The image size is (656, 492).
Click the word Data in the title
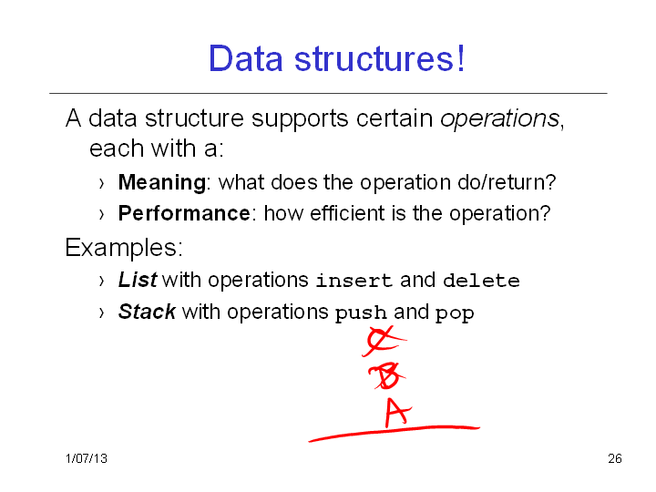(x=246, y=58)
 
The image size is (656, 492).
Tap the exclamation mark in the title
(x=461, y=57)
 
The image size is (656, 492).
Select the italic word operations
(x=499, y=118)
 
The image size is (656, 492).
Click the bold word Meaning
(x=162, y=183)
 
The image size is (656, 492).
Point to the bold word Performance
(x=184, y=213)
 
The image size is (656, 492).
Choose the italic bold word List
(x=138, y=280)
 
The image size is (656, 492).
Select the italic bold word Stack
(x=147, y=312)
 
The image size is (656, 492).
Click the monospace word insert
(x=354, y=281)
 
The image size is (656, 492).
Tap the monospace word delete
(x=481, y=281)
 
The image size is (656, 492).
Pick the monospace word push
(x=361, y=313)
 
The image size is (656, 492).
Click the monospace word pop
(x=455, y=313)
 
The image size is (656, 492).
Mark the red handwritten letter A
(x=397, y=413)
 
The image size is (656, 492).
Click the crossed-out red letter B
(x=387, y=375)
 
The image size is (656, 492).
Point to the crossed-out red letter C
(x=383, y=341)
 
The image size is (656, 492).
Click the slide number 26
(x=615, y=458)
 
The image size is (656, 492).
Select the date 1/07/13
(x=87, y=458)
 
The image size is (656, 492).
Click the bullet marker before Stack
(x=102, y=313)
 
